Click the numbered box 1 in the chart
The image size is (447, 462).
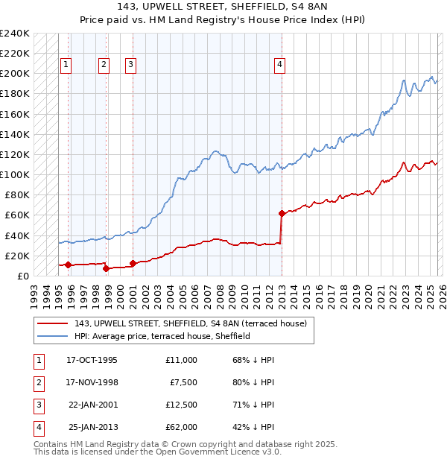pyautogui.click(x=66, y=65)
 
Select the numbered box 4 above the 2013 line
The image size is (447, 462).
pyautogui.click(x=279, y=65)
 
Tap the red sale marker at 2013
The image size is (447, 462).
pyautogui.click(x=282, y=213)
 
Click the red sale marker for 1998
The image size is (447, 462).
pyautogui.click(x=106, y=268)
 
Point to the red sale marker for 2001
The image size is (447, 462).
pyautogui.click(x=133, y=263)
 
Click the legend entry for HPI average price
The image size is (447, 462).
pyautogui.click(x=162, y=336)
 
